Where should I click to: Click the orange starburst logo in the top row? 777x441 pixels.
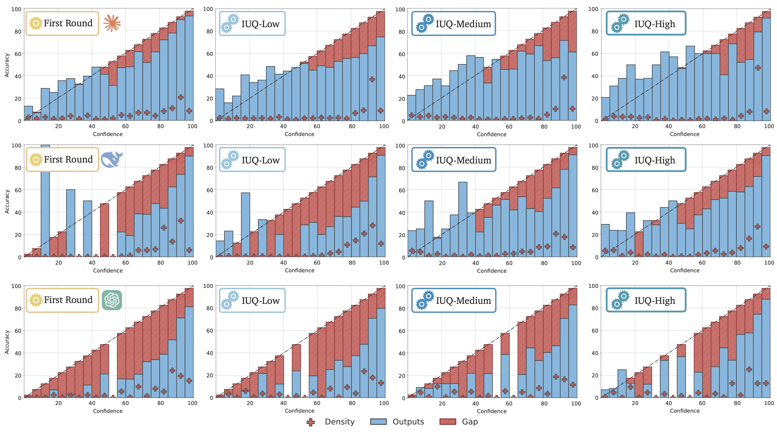click(112, 23)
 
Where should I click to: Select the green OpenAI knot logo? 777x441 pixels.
click(112, 300)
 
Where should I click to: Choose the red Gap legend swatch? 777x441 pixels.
click(447, 422)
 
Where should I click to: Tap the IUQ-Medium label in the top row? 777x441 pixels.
click(463, 24)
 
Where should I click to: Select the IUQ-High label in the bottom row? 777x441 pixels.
click(655, 300)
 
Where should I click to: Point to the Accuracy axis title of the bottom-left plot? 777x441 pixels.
click(7, 342)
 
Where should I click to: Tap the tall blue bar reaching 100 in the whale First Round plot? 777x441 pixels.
click(45, 200)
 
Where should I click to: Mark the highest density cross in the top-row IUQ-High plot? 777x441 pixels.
click(758, 68)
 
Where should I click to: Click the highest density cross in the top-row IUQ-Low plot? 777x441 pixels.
click(372, 79)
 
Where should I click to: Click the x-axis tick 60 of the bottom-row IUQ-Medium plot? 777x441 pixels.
click(509, 403)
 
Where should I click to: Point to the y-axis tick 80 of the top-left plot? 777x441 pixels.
click(18, 32)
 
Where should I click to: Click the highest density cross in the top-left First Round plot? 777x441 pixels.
click(181, 97)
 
